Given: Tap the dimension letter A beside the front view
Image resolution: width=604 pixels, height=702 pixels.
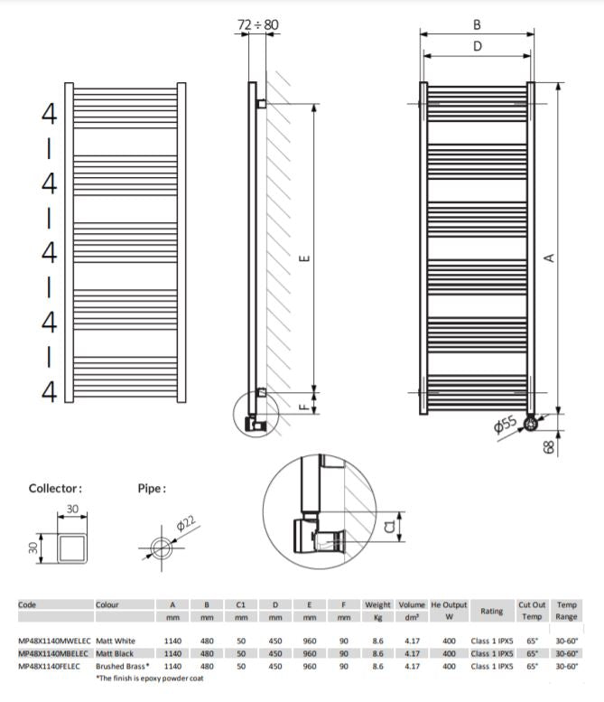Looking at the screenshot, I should tap(547, 257).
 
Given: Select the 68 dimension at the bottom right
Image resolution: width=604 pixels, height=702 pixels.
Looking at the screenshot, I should tap(549, 445).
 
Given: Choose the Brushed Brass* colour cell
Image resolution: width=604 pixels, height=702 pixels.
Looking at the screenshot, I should tap(123, 666).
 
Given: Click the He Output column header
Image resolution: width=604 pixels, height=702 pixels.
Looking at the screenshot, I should tap(449, 604).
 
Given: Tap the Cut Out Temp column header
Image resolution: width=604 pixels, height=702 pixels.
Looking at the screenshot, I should tap(530, 611).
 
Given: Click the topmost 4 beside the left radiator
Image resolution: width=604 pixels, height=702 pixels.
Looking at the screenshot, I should tap(49, 114).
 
